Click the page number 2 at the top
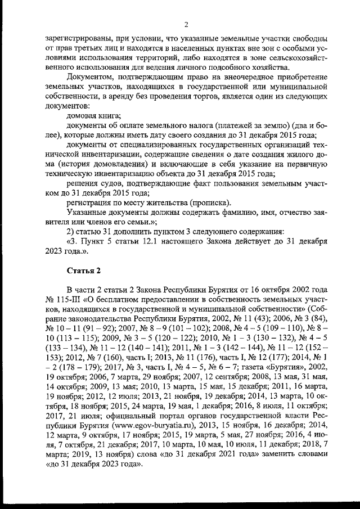click(x=186, y=23)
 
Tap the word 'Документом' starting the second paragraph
click(x=90, y=76)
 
